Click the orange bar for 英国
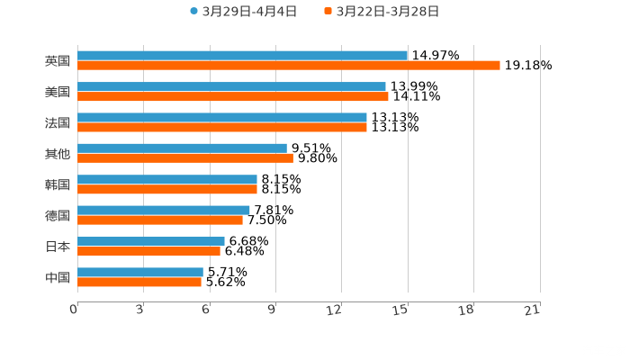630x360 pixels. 288,66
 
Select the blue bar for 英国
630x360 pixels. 242,56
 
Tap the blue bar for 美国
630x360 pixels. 231,86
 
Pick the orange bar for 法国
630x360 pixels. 222,127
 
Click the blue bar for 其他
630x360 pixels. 182,148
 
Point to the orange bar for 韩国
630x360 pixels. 167,189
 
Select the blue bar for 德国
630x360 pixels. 164,210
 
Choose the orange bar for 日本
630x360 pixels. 148,251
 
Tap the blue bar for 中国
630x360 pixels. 140,272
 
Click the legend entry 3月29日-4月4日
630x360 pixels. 243,12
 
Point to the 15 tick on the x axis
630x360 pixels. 408,309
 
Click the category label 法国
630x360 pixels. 58,122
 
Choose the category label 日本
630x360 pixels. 58,246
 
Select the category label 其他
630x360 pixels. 58,153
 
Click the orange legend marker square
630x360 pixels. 328,12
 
